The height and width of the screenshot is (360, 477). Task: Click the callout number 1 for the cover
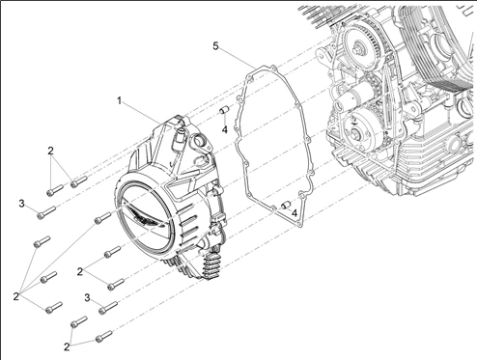119,101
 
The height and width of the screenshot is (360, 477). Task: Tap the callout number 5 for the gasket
215,46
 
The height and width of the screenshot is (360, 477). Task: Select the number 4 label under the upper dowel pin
224,129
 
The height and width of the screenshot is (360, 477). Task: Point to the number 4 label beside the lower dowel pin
295,212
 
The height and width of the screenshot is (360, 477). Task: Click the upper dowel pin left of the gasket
224,110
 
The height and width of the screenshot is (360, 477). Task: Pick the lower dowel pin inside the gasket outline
286,205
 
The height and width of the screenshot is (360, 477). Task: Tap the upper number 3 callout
21,204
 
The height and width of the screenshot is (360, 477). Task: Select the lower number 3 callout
87,297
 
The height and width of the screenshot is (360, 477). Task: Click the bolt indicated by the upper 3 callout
46,212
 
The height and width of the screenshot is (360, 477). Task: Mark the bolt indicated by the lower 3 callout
108,308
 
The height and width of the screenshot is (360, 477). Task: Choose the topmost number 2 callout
50,151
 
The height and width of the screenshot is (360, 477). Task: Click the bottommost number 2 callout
67,347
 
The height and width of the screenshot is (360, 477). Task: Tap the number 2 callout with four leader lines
16,297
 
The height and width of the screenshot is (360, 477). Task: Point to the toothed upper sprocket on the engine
360,42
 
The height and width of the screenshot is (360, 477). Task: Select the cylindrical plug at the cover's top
179,140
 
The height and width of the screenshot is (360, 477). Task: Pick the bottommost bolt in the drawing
104,336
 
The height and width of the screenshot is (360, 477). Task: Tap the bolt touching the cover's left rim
102,217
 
